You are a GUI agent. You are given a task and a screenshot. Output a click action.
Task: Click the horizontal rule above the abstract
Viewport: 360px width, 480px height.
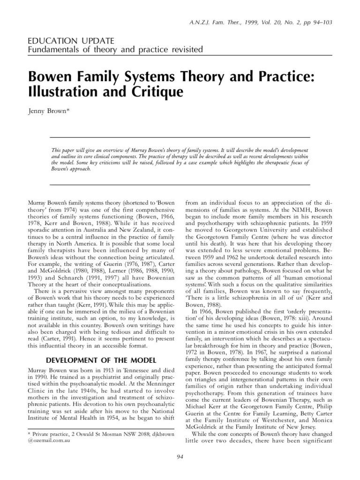tap(180, 137)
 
